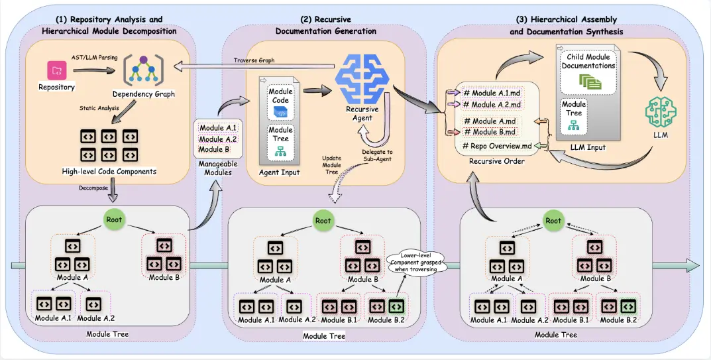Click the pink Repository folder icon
coord(57,70)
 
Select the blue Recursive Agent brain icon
coord(362,78)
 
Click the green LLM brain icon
coord(660,111)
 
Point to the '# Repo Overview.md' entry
coord(496,146)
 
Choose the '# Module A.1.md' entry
coord(491,93)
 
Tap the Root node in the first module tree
coord(114,219)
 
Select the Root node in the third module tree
coord(553,221)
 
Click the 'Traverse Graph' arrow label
coord(254,60)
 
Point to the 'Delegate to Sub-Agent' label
coord(377,155)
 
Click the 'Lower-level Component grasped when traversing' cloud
coord(415,262)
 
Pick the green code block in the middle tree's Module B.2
coord(396,307)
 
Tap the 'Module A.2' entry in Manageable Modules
coord(217,139)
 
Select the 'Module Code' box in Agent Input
coord(281,102)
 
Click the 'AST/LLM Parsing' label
coord(94,58)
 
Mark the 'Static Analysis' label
coord(99,108)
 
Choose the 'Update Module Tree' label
coord(331,165)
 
